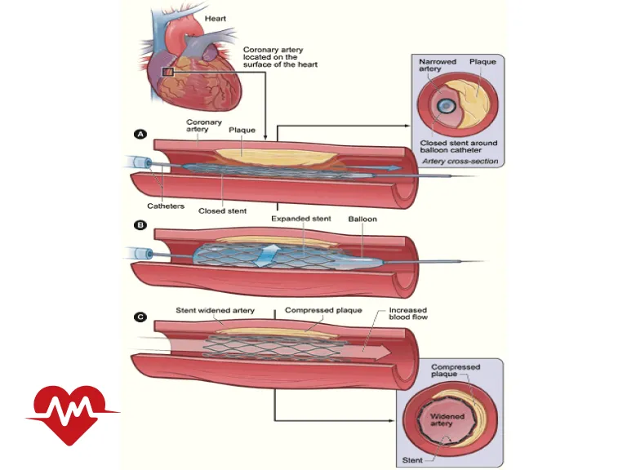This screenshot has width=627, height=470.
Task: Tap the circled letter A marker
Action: [x=141, y=135]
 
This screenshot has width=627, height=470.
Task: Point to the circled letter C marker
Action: [x=141, y=317]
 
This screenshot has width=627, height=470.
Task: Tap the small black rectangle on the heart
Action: [x=168, y=73]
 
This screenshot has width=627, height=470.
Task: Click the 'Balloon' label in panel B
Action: [x=362, y=219]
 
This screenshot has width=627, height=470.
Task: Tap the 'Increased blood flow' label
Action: [x=408, y=314]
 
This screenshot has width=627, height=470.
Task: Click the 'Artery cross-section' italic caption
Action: [x=460, y=161]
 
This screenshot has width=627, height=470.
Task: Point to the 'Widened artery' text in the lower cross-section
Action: [x=447, y=420]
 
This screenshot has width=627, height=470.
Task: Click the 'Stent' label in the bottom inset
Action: [x=412, y=459]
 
